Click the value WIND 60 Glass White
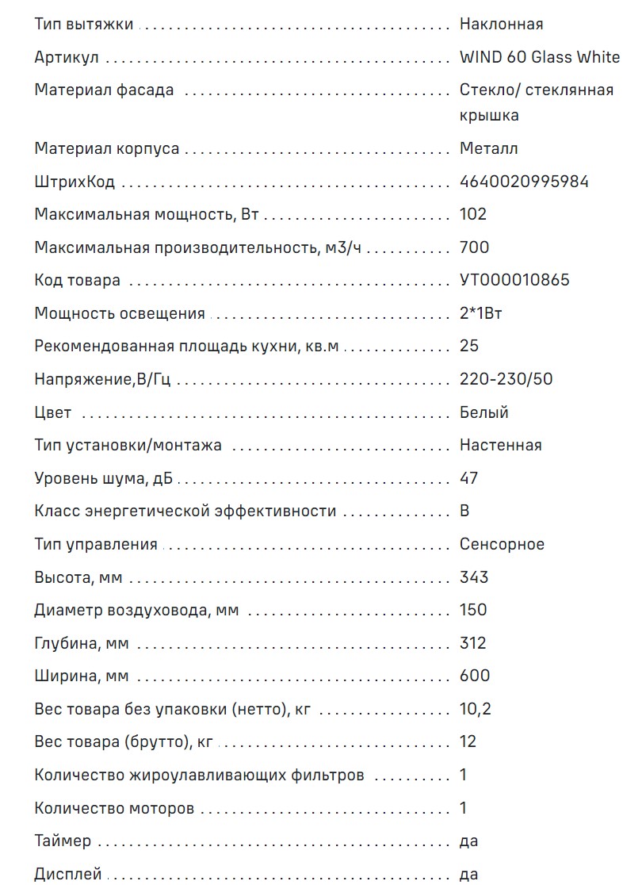point(539,57)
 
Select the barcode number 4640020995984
point(524,182)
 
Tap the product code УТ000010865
point(514,280)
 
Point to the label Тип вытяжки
point(84,24)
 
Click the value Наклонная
point(501,24)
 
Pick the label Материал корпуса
point(107,148)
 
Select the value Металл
point(489,148)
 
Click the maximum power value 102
point(473,214)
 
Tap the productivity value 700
point(474,247)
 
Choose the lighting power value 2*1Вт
point(480,313)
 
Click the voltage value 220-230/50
point(506,379)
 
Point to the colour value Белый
point(483,412)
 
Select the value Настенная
point(500,445)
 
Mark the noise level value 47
point(468,478)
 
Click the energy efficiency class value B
point(464,511)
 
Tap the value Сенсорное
point(502,544)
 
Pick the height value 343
point(474,577)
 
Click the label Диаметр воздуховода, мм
point(136,610)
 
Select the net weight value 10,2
point(475,708)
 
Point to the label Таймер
point(63,841)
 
